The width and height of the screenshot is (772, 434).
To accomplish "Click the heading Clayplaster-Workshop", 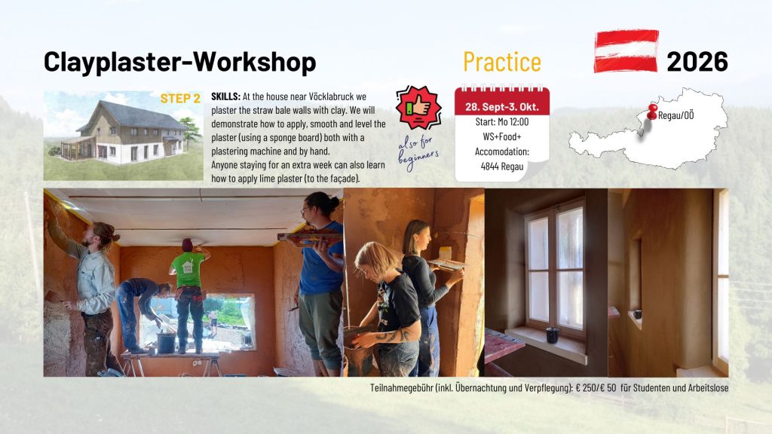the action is point(179,63).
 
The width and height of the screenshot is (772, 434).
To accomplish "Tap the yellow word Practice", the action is point(501,62).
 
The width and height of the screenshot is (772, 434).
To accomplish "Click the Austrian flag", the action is point(626,51).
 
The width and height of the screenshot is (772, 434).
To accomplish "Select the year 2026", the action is point(697,62).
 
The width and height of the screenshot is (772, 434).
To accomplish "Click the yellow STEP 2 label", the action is point(180,99).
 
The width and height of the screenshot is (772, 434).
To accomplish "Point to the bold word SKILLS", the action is point(226,96).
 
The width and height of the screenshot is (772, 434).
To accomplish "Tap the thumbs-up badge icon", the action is point(418,107).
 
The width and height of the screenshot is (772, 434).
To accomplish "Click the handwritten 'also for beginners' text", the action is point(418,153).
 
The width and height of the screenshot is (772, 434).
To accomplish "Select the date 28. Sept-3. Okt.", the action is point(501,107).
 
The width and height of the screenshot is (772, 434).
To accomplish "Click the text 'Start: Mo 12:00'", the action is point(501,121).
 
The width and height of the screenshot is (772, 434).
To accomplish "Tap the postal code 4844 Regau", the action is point(501,167).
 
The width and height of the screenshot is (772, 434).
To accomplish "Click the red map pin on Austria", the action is point(652,112).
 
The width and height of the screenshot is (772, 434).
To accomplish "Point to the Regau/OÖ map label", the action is point(675,115).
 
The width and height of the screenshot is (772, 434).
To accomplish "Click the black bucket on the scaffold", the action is point(167,343).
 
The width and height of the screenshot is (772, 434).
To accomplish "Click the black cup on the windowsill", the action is point(553,335).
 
